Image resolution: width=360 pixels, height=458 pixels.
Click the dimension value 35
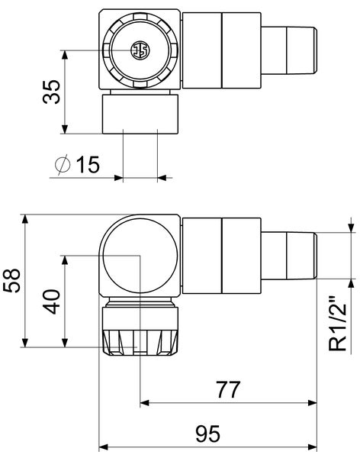coord(52,92)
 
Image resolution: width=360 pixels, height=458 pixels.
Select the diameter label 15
coord(88,164)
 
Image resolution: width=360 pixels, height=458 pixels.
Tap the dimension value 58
coord(12,280)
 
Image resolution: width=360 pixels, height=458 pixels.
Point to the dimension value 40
coord(52,302)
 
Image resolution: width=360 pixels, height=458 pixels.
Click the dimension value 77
coord(228,389)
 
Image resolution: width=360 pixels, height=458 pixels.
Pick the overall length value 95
coord(208,434)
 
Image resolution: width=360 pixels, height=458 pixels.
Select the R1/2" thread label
coord(337,324)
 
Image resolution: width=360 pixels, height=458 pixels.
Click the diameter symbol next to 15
coord(63,164)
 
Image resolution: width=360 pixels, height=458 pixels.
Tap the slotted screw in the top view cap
coord(140,50)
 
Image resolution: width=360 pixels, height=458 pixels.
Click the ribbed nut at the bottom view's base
coord(140,343)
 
